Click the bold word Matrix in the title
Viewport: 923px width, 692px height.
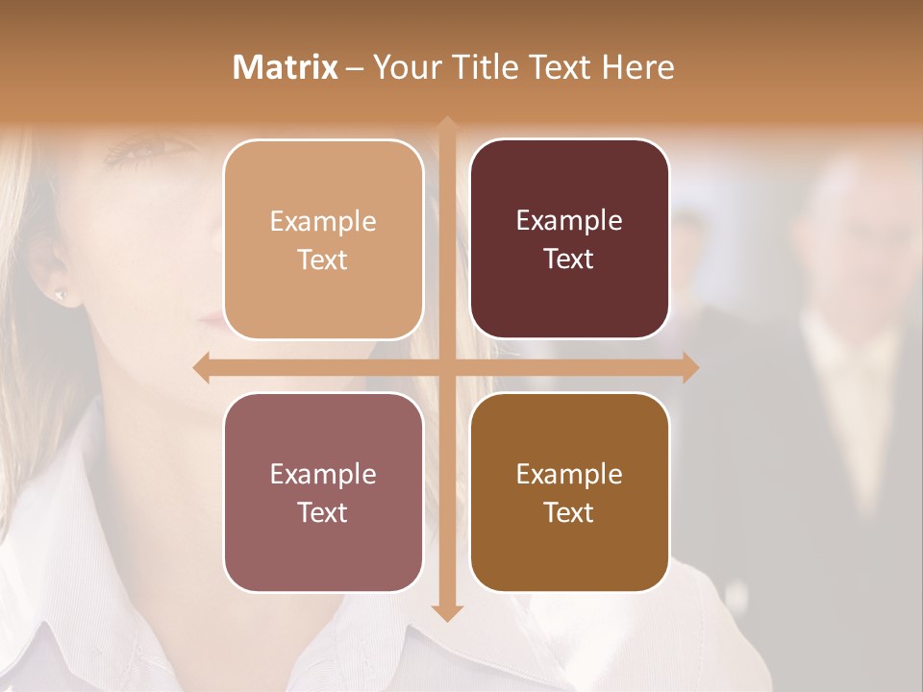coord(286,67)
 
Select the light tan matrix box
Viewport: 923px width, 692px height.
coord(323,239)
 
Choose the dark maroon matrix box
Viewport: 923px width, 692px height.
coord(569,239)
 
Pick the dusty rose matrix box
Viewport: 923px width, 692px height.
coord(323,492)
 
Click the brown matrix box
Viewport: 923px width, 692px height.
coord(569,492)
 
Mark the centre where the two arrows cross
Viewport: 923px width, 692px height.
coord(446,367)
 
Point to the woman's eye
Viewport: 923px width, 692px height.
coord(139,150)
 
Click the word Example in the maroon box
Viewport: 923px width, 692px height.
coord(569,221)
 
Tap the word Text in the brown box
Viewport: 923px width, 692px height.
coord(569,512)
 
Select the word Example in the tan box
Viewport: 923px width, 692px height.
coord(323,221)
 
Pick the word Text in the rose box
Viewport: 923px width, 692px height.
coord(323,512)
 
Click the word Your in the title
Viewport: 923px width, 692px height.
coord(403,67)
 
